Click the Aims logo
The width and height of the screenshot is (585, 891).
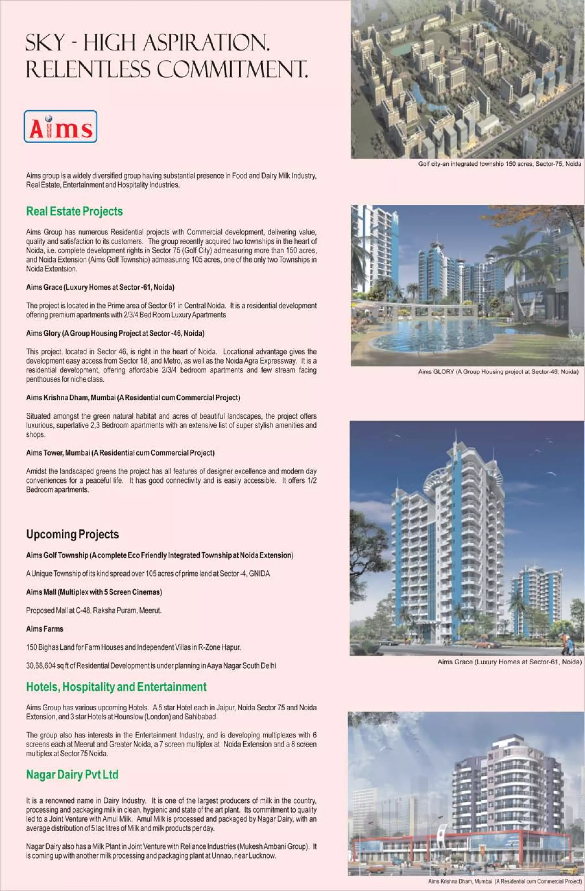(x=60, y=127)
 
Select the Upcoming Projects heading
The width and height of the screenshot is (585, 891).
(x=72, y=534)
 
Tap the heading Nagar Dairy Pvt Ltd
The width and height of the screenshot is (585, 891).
(x=72, y=774)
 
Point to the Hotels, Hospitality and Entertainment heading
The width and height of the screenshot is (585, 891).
(x=116, y=687)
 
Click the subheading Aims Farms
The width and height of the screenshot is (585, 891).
(x=45, y=629)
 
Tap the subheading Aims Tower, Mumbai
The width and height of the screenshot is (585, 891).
(x=120, y=453)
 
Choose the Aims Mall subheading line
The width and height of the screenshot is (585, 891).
(x=94, y=592)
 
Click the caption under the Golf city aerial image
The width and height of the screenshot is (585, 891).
(x=500, y=164)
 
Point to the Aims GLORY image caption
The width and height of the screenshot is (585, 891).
(x=498, y=372)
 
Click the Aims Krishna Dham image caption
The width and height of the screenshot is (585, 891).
(x=505, y=882)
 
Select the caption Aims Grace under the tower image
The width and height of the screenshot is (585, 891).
(x=509, y=662)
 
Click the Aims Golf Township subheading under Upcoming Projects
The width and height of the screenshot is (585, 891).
(x=160, y=555)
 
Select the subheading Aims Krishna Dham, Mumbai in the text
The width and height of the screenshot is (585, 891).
(x=133, y=398)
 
